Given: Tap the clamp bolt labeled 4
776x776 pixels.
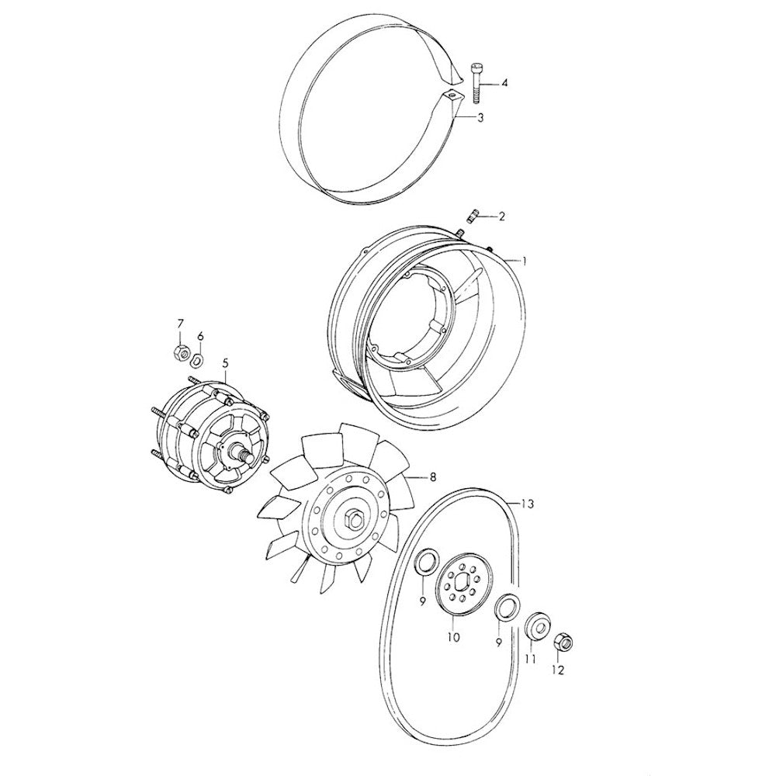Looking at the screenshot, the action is (x=476, y=83).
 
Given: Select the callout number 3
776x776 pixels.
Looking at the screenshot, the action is (x=480, y=118).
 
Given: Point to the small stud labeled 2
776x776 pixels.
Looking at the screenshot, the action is (x=473, y=217).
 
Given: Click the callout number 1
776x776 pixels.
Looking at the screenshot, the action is (x=525, y=260).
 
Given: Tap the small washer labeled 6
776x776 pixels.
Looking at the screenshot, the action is (x=196, y=360).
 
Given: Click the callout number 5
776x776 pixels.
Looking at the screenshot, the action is (x=226, y=363).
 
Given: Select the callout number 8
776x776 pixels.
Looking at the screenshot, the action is (x=433, y=477).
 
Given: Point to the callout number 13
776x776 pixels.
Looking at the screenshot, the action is (x=528, y=504).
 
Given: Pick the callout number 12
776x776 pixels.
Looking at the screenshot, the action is (x=557, y=670).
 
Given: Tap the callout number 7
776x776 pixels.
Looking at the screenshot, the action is (x=180, y=324).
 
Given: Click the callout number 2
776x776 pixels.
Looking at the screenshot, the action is (x=501, y=217).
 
